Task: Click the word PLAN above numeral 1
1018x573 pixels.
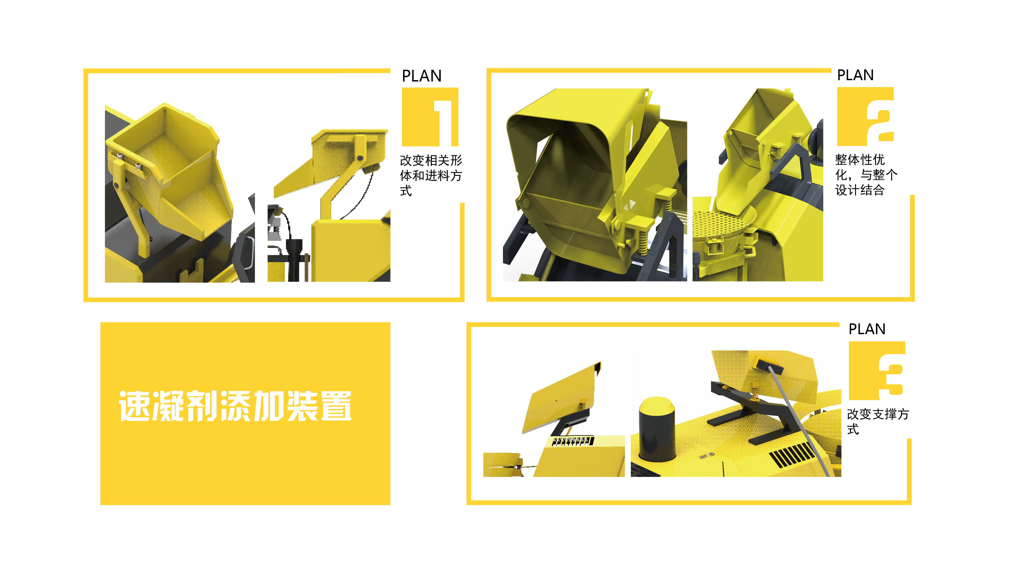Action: [x=422, y=76]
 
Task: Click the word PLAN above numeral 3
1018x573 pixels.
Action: [x=867, y=329]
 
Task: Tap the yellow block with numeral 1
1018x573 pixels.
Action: [x=430, y=117]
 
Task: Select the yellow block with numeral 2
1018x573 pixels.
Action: [x=866, y=116]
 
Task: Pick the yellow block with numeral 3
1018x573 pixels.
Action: [x=877, y=371]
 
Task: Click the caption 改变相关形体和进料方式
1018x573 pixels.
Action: [x=431, y=176]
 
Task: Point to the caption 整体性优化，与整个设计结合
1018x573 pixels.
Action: [x=866, y=175]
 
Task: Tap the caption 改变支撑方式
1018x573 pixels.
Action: [x=878, y=421]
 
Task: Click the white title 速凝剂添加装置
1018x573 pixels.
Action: [x=236, y=406]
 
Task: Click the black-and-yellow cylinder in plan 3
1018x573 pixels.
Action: [x=657, y=429]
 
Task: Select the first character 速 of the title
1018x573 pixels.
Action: [x=135, y=406]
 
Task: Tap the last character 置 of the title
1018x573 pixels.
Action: [x=336, y=406]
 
